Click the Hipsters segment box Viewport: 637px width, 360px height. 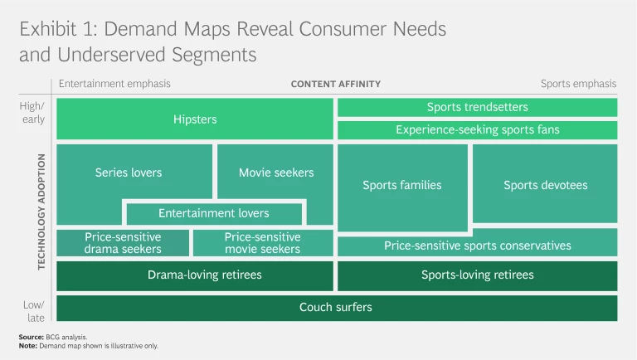pyautogui.click(x=195, y=119)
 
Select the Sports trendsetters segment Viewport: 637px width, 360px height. pyautogui.click(x=477, y=107)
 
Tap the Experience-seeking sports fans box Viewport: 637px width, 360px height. pyautogui.click(x=477, y=129)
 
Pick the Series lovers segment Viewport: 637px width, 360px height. pyautogui.click(x=129, y=173)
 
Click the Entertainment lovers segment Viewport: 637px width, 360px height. pyautogui.click(x=214, y=213)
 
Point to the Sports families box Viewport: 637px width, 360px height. pyautogui.click(x=402, y=185)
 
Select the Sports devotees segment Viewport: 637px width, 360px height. pyautogui.click(x=545, y=185)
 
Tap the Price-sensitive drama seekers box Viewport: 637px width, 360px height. pyautogui.click(x=123, y=243)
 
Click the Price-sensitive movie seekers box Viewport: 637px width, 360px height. pyautogui.click(x=262, y=243)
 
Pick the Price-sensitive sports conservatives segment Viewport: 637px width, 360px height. pyautogui.click(x=477, y=246)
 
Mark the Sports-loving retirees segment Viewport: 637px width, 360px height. pyautogui.click(x=477, y=275)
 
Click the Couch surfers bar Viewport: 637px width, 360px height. pyautogui.click(x=336, y=307)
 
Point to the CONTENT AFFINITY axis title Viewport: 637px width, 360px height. pyautogui.click(x=336, y=84)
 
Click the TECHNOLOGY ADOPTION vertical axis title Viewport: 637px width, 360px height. pyautogui.click(x=41, y=211)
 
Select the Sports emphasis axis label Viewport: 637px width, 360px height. pyautogui.click(x=578, y=84)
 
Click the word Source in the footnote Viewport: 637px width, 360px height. pyautogui.click(x=32, y=337)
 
